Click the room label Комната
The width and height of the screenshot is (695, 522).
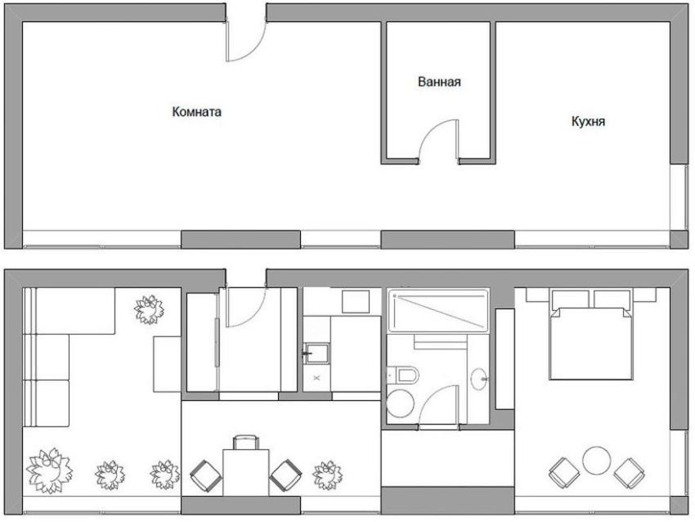coord(196,112)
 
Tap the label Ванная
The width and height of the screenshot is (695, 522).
coord(439,82)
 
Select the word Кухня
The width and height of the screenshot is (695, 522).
coord(588,121)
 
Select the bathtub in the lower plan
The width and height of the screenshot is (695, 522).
coord(438,310)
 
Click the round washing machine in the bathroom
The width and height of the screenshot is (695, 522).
coord(401,403)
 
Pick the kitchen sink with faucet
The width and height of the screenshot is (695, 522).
coord(316,353)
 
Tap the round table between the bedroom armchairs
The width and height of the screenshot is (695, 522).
coord(597,461)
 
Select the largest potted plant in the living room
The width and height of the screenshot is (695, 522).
coord(49,471)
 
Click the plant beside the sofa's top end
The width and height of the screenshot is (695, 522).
coord(149,309)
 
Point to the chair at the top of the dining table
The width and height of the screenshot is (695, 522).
coord(246,443)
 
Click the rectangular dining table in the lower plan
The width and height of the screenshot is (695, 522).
coord(246,472)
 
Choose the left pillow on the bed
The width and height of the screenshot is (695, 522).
coord(571,299)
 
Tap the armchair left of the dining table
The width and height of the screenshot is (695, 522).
coord(206,476)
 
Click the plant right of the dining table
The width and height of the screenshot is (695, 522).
coord(328,475)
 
